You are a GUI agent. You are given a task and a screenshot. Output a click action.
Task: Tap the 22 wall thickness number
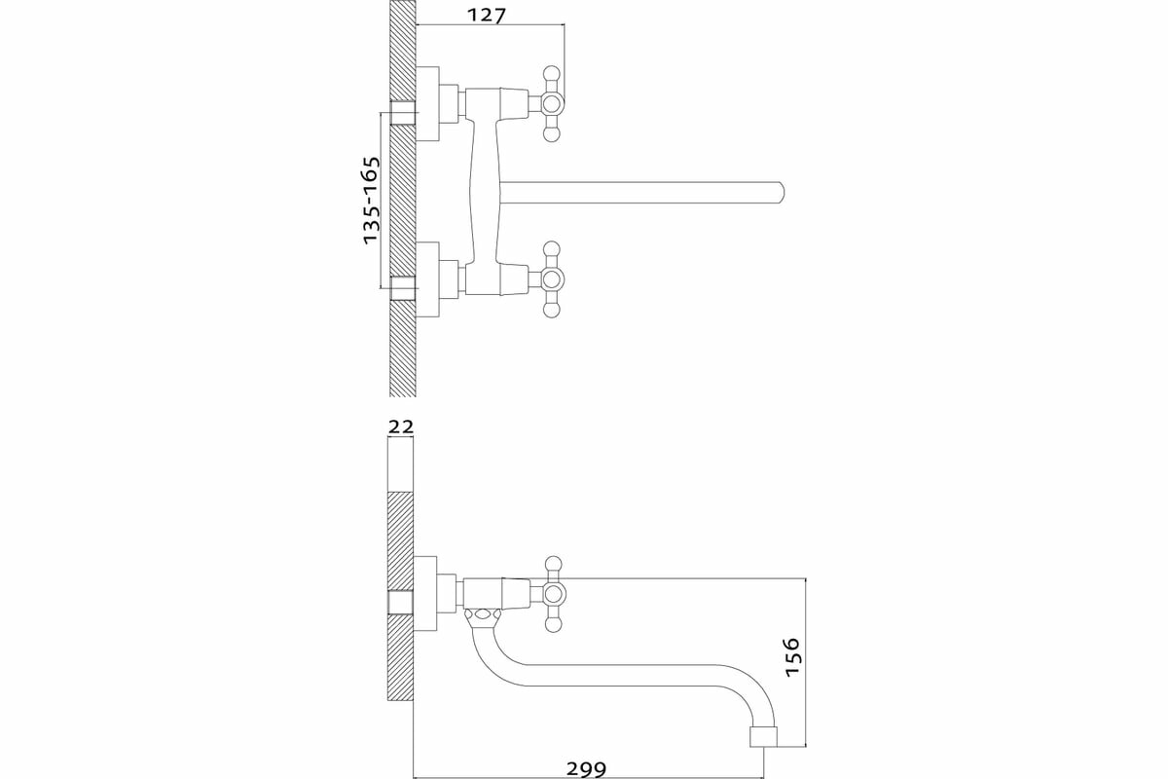pyautogui.click(x=401, y=427)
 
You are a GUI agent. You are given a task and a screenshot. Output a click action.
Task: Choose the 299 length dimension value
pyautogui.click(x=587, y=767)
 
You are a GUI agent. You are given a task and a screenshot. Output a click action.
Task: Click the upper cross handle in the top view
pyautogui.click(x=552, y=102)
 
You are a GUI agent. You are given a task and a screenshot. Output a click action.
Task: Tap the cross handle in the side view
pyautogui.click(x=552, y=593)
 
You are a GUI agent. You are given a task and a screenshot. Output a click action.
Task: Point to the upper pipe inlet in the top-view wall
pyautogui.click(x=402, y=112)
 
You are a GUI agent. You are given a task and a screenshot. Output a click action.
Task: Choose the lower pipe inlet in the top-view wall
pyautogui.click(x=402, y=289)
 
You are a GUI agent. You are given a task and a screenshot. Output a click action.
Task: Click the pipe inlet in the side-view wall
pyautogui.click(x=401, y=603)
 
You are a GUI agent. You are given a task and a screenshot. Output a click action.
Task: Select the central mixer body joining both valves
pyautogui.click(x=484, y=192)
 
